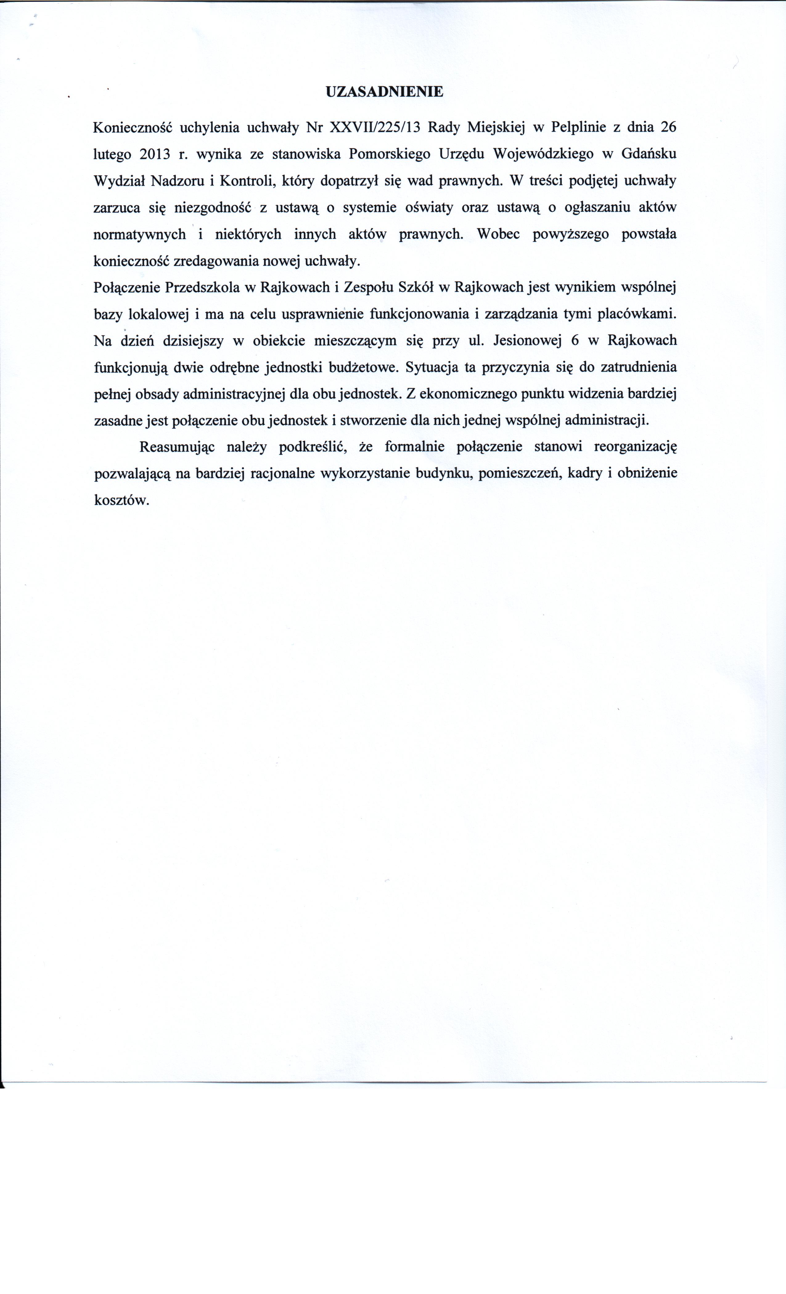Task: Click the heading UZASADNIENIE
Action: (384, 92)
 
